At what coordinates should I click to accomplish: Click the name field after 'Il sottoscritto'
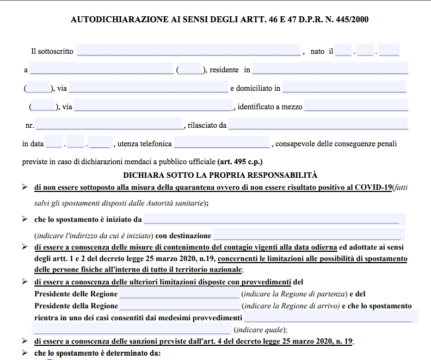[x=188, y=51]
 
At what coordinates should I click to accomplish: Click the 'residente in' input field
[x=330, y=69]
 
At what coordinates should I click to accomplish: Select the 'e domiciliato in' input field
[x=344, y=88]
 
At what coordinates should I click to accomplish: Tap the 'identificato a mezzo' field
[x=356, y=106]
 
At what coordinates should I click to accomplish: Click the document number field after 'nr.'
[x=108, y=125]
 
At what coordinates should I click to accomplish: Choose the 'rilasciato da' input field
[x=318, y=125]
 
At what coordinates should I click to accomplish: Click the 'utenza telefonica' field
[x=221, y=144]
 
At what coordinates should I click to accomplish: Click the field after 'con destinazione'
[x=307, y=235]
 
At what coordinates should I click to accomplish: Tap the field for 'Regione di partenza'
[x=179, y=294]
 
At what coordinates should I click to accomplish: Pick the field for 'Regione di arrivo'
[x=179, y=306]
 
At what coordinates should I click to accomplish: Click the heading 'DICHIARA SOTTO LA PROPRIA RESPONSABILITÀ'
[x=220, y=175]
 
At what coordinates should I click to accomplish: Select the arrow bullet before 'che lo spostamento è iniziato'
[x=24, y=219]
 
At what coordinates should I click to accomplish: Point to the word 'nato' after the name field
[x=317, y=51]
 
